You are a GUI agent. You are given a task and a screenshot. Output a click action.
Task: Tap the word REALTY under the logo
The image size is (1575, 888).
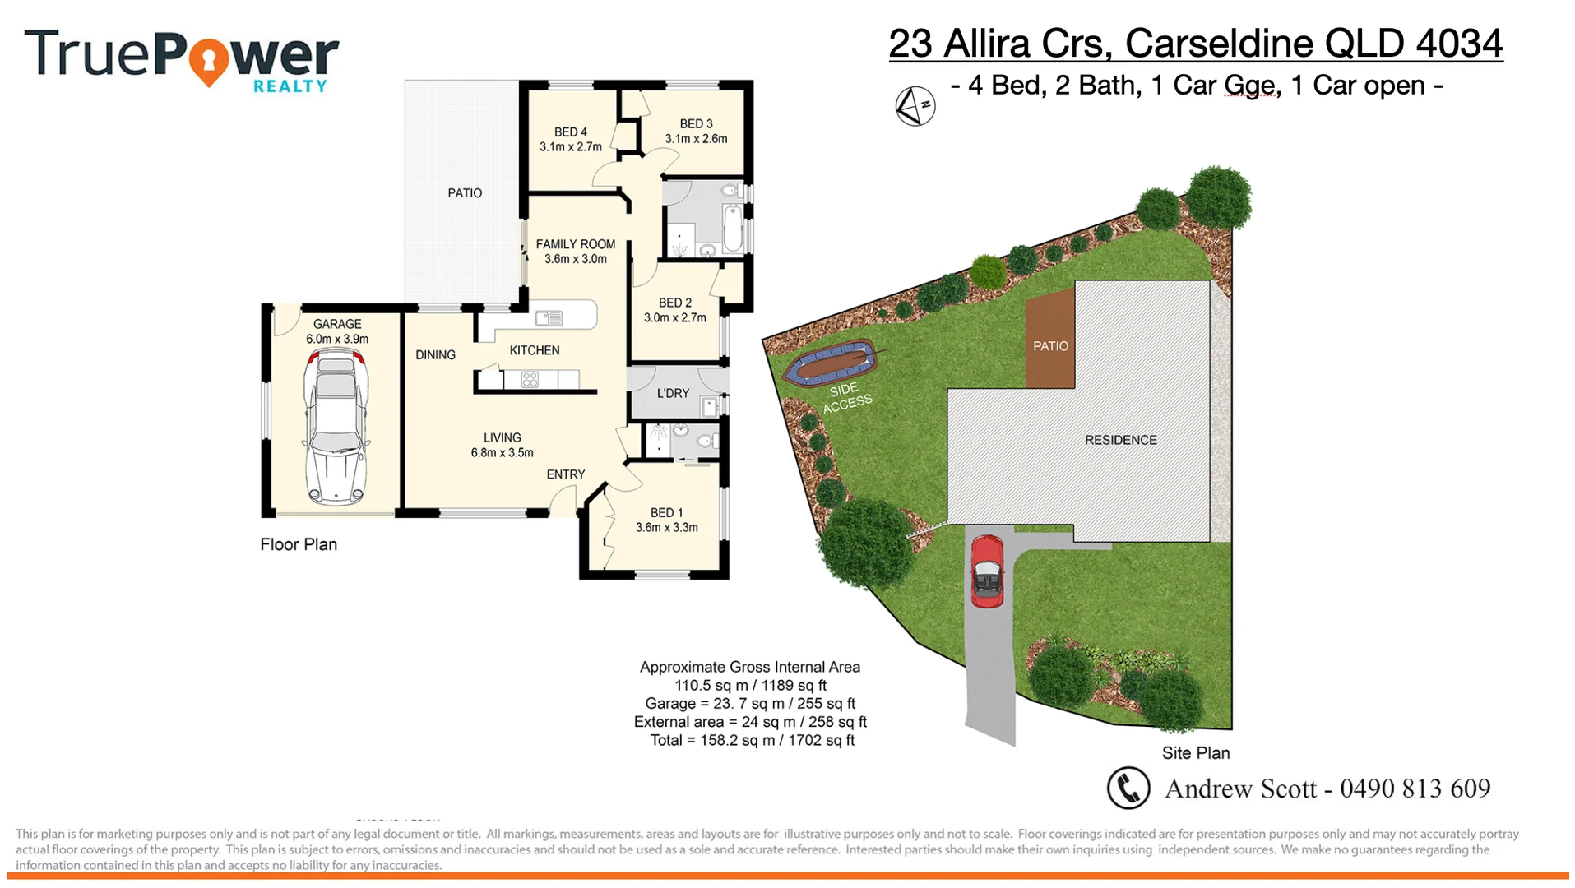coord(290,86)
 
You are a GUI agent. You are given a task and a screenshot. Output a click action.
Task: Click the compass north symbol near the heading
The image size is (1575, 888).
coord(915,106)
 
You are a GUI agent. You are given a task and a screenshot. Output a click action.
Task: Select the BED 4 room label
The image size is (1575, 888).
coord(570,132)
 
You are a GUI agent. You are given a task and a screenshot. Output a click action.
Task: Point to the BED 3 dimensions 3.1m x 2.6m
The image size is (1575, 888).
coord(696,139)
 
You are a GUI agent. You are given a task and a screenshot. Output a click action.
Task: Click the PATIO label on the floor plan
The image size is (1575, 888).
coord(465,193)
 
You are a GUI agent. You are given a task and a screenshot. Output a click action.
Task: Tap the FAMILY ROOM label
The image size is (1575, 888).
coord(575,244)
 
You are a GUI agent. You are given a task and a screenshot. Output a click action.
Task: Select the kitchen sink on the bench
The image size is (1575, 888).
coord(549,318)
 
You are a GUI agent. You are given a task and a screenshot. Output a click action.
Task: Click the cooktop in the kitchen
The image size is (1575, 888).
coord(530,380)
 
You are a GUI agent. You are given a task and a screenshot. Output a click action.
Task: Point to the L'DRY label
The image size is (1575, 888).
coord(673,394)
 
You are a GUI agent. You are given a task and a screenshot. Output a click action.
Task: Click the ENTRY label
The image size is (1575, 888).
coord(565,474)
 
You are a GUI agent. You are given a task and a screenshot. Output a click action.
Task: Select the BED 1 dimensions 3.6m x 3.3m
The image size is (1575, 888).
coord(666,528)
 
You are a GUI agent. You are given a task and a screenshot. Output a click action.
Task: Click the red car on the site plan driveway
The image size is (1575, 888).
coord(987,571)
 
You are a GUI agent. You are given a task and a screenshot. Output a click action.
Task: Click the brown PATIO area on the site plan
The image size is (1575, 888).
coord(1050,345)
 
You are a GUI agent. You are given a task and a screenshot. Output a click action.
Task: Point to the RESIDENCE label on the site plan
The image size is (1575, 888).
coord(1120,441)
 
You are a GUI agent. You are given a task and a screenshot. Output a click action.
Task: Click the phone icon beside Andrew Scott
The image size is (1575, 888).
coord(1128,788)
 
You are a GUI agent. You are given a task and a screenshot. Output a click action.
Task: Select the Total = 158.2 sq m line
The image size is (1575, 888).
coord(752,741)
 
